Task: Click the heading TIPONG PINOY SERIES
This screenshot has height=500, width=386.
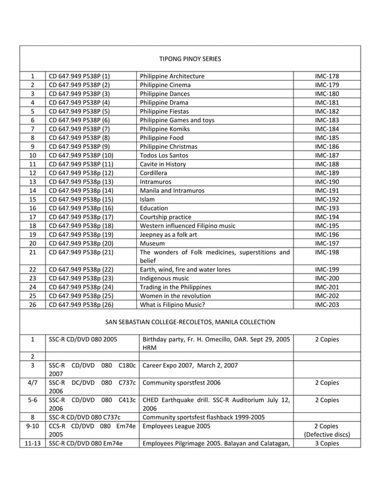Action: click(190, 59)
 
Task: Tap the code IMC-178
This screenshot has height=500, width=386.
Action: click(327, 76)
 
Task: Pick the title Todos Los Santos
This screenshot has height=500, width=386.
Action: click(163, 155)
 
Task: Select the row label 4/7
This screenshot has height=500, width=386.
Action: click(33, 383)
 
